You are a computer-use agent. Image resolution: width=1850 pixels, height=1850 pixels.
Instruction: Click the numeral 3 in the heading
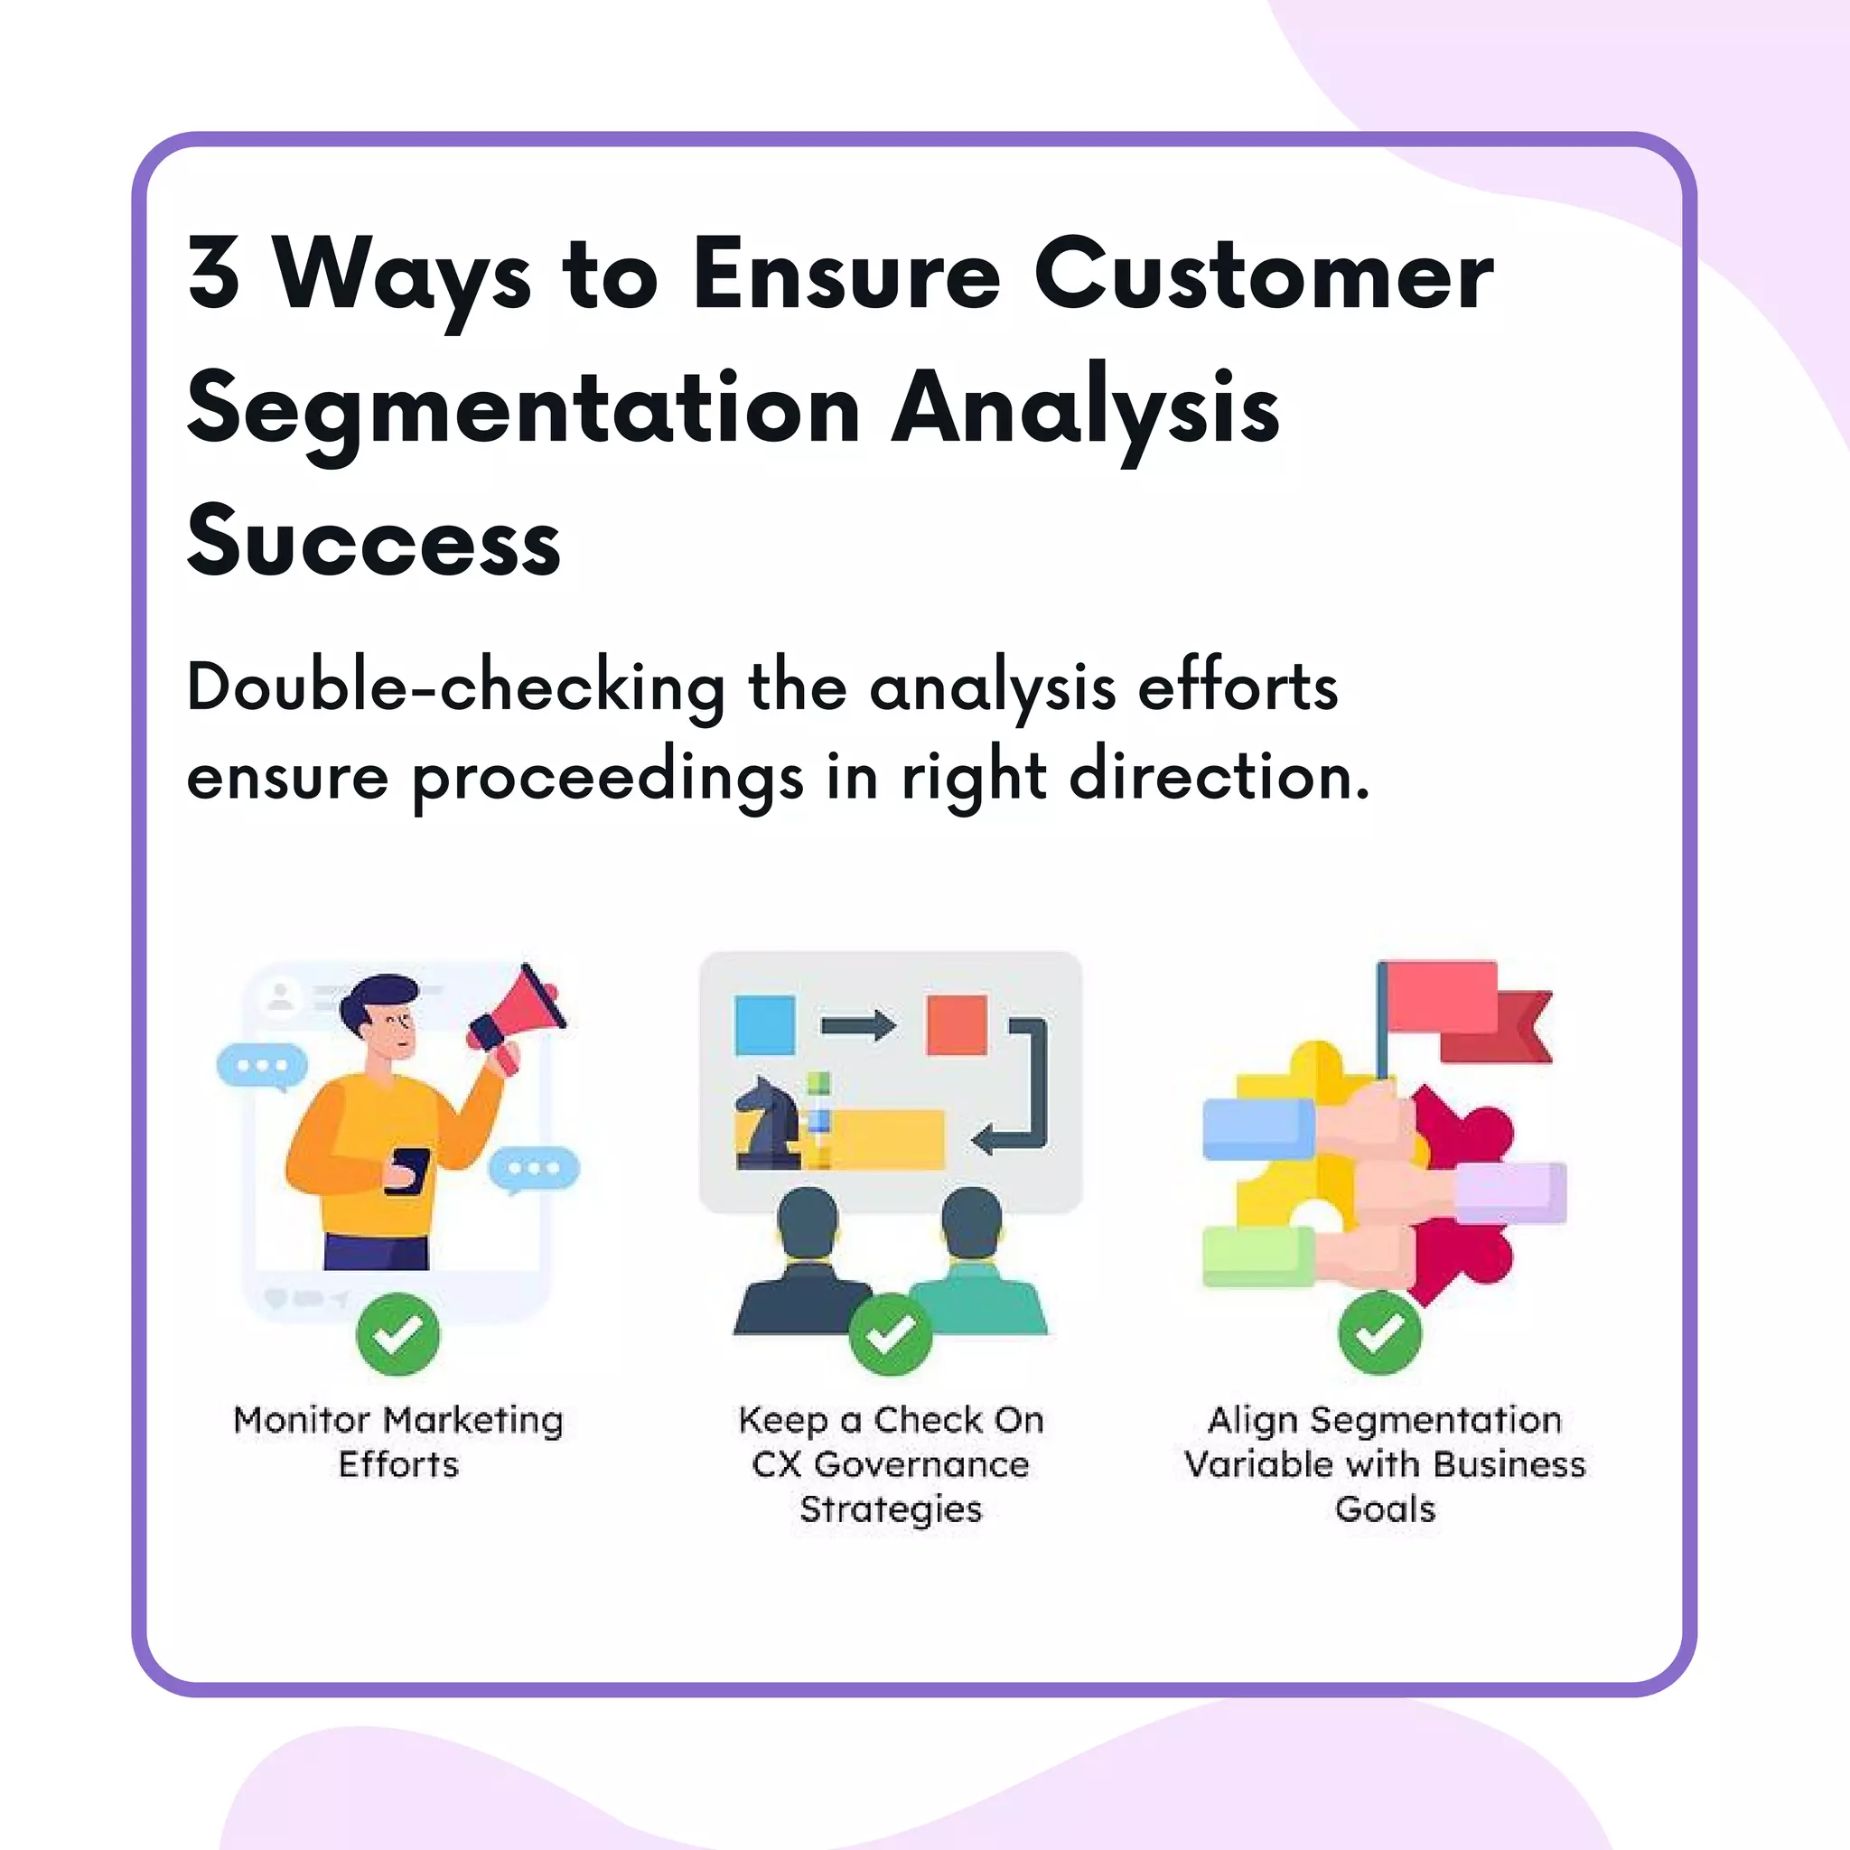click(212, 274)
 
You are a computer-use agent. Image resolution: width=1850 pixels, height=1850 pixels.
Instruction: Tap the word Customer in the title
click(1263, 274)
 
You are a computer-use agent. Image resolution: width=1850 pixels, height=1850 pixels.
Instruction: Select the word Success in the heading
click(373, 542)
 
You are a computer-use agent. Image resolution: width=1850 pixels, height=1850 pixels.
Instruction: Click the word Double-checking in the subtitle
click(456, 688)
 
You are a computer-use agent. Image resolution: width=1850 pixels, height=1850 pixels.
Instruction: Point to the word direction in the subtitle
click(1219, 776)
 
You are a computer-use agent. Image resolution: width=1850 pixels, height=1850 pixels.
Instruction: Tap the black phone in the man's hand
click(408, 1170)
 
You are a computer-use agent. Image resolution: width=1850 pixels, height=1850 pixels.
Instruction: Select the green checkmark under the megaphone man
click(397, 1334)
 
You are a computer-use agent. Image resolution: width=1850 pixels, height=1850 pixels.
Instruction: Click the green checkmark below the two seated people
click(891, 1334)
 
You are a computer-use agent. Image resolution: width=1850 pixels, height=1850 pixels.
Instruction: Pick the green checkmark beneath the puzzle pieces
click(1380, 1332)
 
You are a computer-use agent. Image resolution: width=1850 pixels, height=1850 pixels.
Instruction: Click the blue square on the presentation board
click(764, 1024)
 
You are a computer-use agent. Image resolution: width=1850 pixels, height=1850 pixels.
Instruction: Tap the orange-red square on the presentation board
click(957, 1024)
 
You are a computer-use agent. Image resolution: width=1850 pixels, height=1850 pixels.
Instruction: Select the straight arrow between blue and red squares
click(858, 1025)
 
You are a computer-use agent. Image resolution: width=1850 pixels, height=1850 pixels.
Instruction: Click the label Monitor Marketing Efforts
click(398, 1441)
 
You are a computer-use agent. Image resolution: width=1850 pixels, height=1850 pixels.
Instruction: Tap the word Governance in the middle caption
click(921, 1464)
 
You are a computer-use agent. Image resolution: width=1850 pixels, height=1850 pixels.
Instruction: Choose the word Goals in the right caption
click(1385, 1509)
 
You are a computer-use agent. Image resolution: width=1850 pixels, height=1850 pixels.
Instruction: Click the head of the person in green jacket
click(971, 1222)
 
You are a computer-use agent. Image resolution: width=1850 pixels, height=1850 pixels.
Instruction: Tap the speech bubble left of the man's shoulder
click(261, 1066)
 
